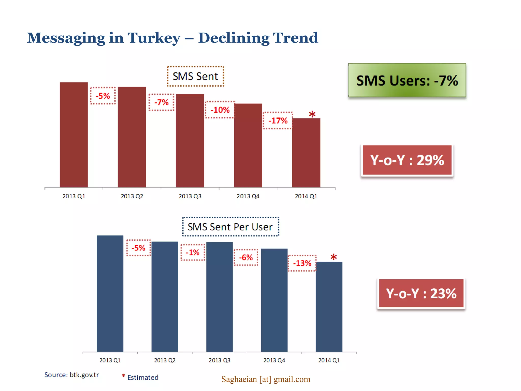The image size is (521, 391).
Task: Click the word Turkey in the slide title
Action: click(x=154, y=38)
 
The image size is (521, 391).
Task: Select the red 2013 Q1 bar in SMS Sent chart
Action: click(x=74, y=135)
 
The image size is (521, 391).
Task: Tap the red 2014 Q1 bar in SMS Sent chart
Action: click(x=306, y=153)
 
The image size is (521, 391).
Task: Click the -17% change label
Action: click(x=278, y=120)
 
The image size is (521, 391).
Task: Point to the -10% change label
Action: click(x=220, y=110)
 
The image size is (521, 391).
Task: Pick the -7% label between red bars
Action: click(x=162, y=102)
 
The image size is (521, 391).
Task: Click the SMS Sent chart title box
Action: click(x=195, y=76)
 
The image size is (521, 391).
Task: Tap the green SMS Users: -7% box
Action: click(x=407, y=80)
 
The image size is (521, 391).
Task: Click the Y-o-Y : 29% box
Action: click(x=407, y=160)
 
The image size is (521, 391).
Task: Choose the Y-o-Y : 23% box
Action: click(x=421, y=294)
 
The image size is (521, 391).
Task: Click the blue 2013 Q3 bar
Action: click(x=220, y=297)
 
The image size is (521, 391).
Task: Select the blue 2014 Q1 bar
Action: click(x=329, y=307)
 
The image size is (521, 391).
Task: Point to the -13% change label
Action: click(x=302, y=263)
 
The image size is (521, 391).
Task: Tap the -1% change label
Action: click(x=193, y=252)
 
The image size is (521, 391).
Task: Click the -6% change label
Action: click(x=246, y=257)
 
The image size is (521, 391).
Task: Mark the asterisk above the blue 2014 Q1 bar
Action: click(x=334, y=257)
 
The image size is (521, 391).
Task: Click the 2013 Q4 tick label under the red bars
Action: click(x=248, y=196)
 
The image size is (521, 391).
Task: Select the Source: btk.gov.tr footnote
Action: click(x=71, y=375)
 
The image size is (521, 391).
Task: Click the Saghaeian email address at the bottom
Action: click(x=266, y=379)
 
